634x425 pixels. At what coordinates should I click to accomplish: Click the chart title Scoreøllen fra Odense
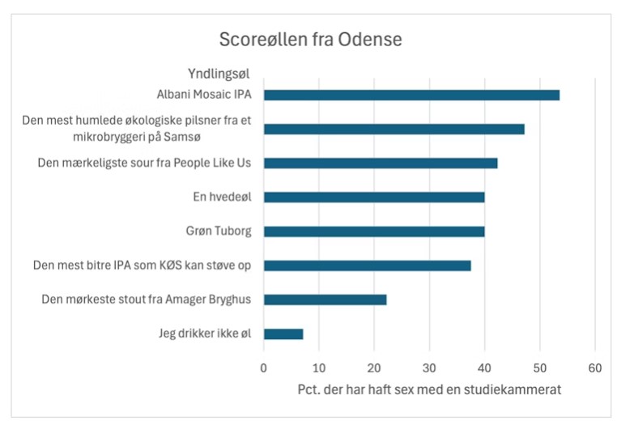point(310,40)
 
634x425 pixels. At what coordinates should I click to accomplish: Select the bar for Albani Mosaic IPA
point(411,95)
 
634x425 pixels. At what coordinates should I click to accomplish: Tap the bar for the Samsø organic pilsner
point(394,129)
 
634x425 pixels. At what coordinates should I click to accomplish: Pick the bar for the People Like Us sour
point(381,163)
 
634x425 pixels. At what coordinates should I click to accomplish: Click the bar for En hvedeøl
point(374,197)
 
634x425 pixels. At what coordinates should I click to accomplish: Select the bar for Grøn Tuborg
point(374,231)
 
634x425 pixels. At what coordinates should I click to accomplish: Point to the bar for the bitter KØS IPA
point(367,266)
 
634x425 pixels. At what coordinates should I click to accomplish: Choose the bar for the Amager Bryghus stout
point(325,300)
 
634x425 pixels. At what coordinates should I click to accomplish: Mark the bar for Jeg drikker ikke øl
point(283,334)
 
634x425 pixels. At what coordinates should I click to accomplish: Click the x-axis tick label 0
point(264,368)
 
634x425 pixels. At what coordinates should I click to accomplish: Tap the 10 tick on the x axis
point(319,368)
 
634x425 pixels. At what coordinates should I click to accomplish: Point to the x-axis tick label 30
point(429,368)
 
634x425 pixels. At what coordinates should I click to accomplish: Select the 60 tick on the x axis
point(594,368)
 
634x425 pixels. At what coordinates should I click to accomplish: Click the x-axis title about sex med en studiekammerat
point(430,390)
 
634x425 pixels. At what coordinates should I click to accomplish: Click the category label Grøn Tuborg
point(218,232)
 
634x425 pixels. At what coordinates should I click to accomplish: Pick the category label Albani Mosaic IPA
point(203,95)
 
